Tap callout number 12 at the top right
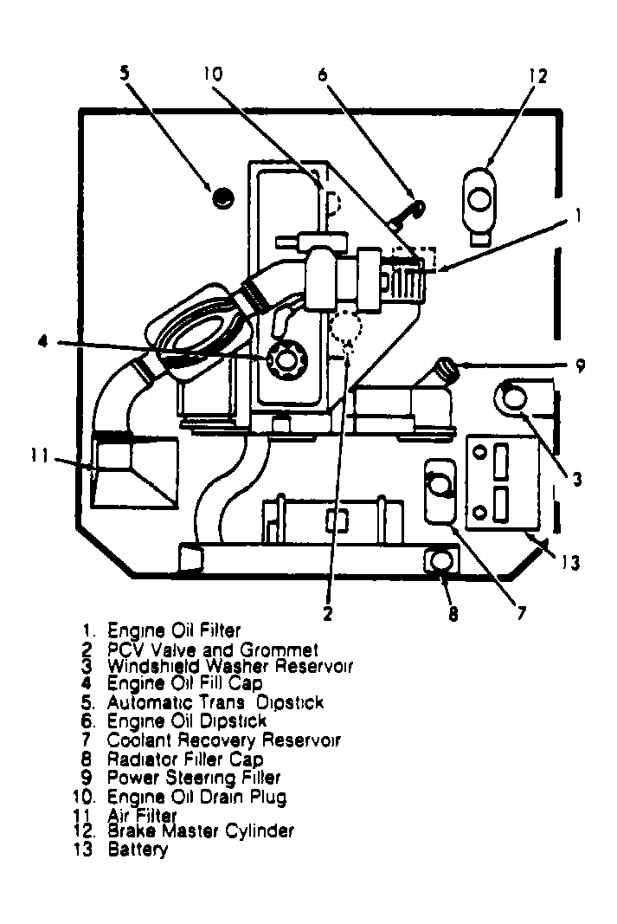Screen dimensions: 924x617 [x=537, y=76]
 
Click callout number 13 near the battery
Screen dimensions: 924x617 [x=568, y=563]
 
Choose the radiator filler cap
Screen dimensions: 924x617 [x=440, y=562]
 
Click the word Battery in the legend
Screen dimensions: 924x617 [x=138, y=850]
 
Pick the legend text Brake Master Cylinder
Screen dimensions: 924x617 [x=200, y=830]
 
